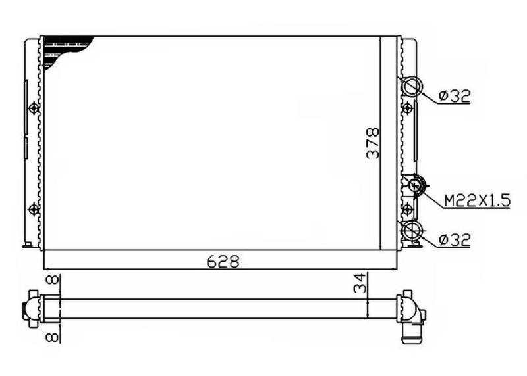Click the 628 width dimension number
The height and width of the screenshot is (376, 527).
coord(222,262)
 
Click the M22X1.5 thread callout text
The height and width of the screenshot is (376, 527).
coord(476,201)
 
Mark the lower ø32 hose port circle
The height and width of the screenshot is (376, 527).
coord(412,230)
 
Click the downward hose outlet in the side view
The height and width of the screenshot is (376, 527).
coord(410,332)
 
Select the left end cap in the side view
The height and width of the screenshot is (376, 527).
coord(31,308)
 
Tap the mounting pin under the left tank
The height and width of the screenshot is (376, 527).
coord(28,247)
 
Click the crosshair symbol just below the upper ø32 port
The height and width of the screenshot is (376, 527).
coord(407,106)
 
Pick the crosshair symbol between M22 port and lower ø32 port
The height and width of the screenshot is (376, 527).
coord(407,209)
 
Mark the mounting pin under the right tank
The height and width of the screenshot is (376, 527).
coord(414,247)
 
